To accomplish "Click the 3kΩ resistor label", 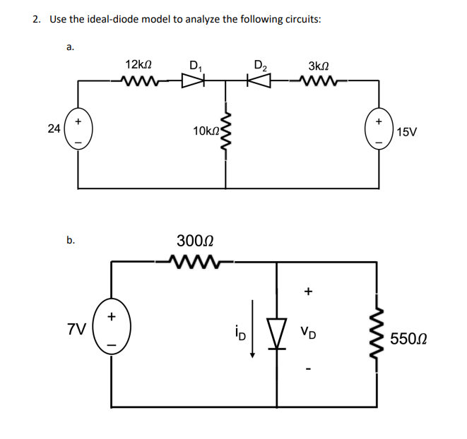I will (x=313, y=66).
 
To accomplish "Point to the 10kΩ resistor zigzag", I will (x=226, y=133).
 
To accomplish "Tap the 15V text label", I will (x=408, y=133).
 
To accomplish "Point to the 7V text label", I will (x=77, y=329).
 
